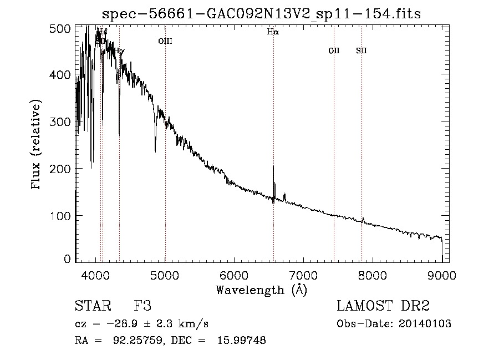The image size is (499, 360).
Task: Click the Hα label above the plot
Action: [x=273, y=32]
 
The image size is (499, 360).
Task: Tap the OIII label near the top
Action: [x=165, y=40]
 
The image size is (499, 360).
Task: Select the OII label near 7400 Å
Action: [x=334, y=51]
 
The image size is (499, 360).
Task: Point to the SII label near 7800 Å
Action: [x=361, y=51]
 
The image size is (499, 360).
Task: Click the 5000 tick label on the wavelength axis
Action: [x=165, y=274]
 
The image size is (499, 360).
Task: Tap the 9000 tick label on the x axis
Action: [x=442, y=274]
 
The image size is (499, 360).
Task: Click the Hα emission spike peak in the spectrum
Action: [x=273, y=166]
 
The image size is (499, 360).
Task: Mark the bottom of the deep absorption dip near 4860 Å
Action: [x=155, y=151]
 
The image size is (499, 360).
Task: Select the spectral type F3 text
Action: [x=143, y=307]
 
